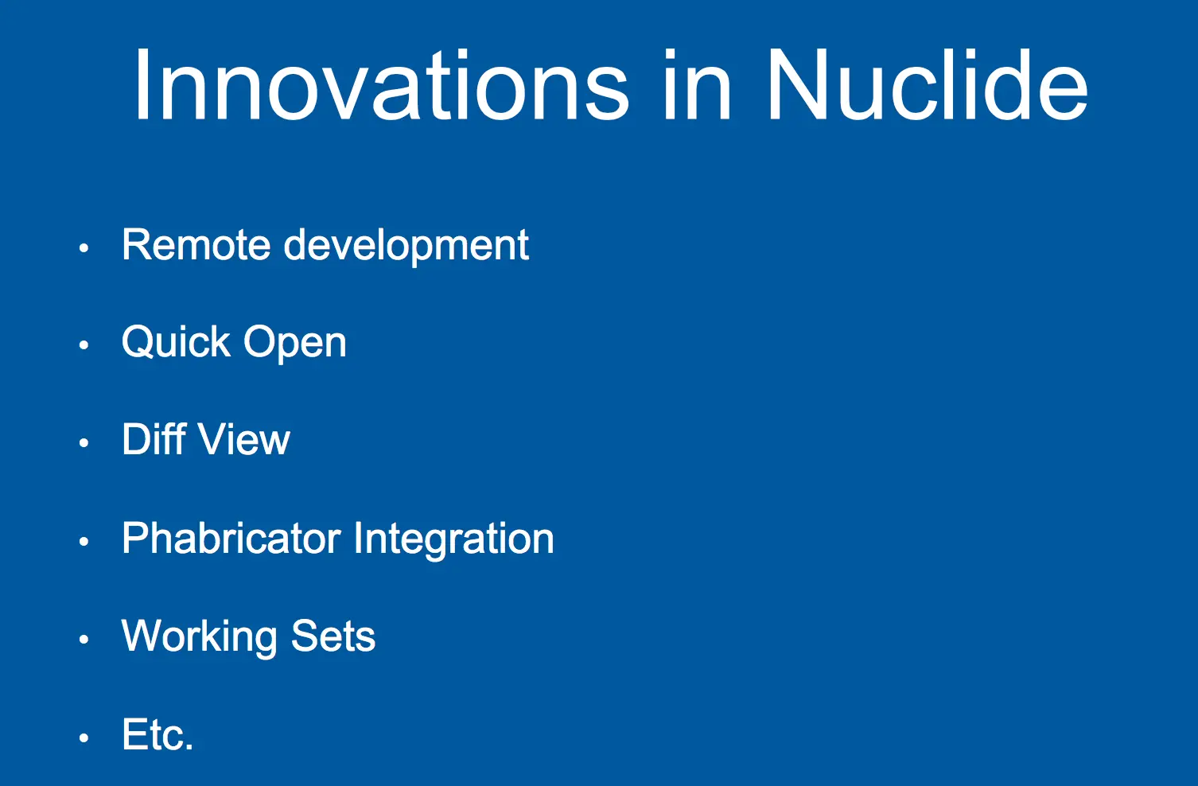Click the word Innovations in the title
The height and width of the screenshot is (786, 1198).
381,84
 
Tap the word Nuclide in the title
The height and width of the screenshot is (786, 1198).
927,84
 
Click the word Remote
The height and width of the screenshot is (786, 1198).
196,245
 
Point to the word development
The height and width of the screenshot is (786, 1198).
406,246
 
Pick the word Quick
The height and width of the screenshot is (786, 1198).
176,342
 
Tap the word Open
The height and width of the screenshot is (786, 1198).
295,343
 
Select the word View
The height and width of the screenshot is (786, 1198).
245,439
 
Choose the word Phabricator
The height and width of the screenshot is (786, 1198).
231,537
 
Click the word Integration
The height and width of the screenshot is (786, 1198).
453,539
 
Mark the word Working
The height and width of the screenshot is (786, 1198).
200,636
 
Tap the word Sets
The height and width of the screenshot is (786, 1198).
333,636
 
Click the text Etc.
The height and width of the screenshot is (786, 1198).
158,734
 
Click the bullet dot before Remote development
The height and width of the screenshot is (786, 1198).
84,247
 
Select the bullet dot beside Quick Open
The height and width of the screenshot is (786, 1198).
84,345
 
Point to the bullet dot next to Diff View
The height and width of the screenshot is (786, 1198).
84,443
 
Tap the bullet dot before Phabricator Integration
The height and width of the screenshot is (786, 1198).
84,541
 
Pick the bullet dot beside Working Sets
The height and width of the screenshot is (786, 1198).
84,639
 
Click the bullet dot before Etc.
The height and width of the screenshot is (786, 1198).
84,738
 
